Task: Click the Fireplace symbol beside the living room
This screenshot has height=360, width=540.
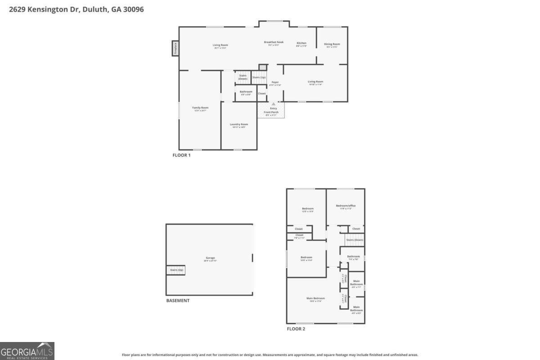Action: pos(175,49)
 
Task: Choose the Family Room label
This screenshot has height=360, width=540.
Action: pos(200,108)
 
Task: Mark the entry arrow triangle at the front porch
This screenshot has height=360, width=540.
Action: pos(273,104)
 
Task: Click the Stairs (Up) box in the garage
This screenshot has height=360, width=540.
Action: pos(176,270)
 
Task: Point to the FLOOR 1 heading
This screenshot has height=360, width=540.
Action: pos(182,155)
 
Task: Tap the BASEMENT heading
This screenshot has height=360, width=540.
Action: pos(178,301)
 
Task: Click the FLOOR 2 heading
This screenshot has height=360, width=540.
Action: pos(296,329)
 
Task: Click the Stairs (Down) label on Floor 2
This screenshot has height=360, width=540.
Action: pos(355,240)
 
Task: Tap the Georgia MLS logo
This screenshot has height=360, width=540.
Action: pos(27,351)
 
